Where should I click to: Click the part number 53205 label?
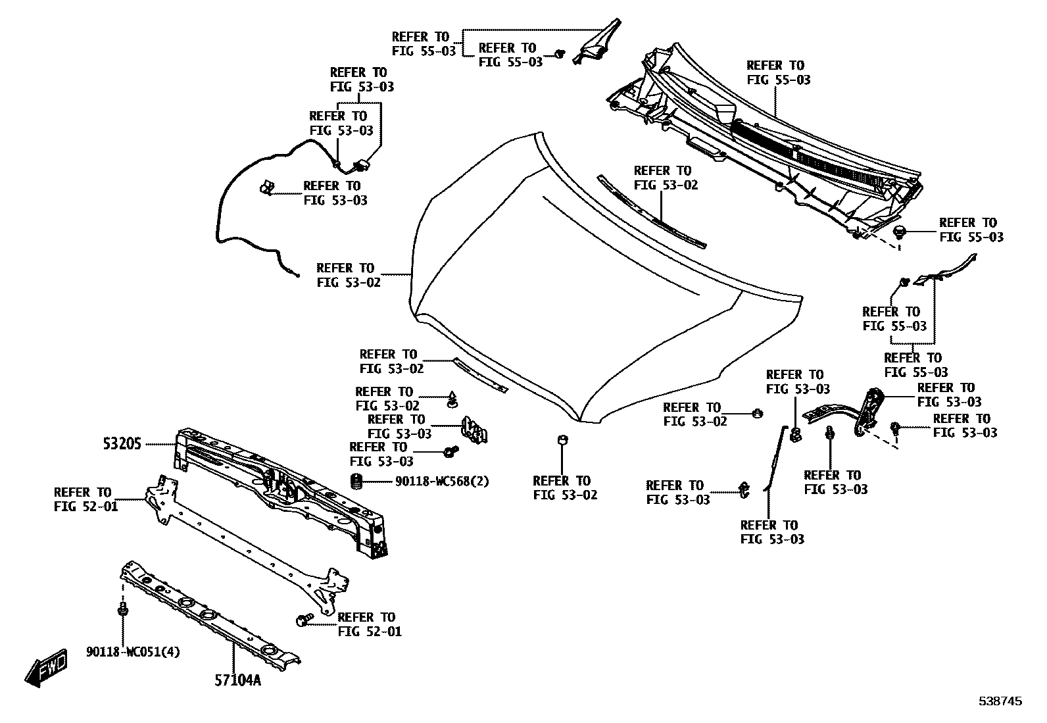pos(122,444)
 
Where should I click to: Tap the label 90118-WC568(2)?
pos(442,481)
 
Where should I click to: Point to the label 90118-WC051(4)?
pos(133,652)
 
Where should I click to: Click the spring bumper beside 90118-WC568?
pos(357,481)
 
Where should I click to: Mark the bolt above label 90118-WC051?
pos(122,609)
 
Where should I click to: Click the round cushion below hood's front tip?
pos(562,440)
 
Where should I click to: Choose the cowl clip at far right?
pos(900,231)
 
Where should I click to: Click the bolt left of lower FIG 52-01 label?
pos(304,620)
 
